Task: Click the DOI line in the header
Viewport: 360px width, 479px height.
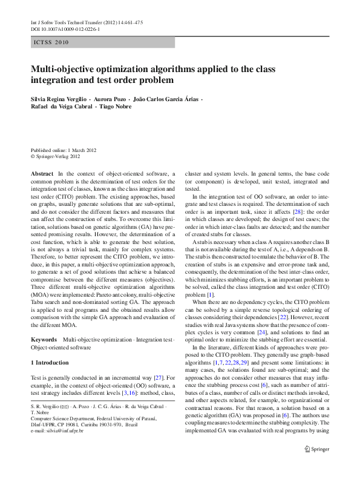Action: point(65,28)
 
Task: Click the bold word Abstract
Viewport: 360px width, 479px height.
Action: point(42,174)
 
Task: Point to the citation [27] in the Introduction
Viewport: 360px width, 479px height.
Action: point(155,377)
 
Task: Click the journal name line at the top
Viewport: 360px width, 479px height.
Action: point(87,22)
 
